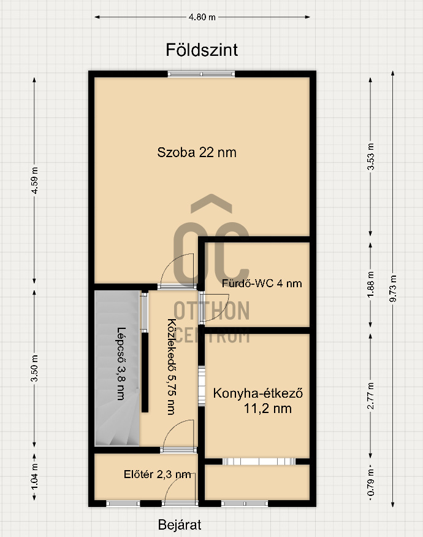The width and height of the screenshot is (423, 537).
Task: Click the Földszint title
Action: [202, 50]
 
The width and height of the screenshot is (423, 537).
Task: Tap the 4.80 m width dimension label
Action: [202, 17]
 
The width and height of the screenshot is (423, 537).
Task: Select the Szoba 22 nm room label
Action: [197, 152]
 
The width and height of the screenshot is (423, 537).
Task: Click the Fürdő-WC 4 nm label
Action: [262, 284]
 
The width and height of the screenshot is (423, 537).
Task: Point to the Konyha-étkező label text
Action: [258, 393]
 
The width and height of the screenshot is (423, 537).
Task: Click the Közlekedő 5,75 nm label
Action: [172, 367]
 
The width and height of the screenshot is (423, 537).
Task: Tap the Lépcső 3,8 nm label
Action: [121, 364]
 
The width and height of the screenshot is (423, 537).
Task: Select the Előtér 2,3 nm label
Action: [158, 474]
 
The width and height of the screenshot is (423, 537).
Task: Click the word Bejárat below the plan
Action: [180, 525]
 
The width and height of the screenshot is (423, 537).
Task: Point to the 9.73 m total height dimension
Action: [393, 288]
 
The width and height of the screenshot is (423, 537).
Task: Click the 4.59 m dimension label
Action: [34, 180]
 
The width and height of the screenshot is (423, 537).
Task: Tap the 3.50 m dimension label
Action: [34, 368]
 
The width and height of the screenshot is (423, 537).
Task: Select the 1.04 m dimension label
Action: [34, 476]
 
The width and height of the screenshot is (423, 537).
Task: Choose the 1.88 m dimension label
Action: [371, 285]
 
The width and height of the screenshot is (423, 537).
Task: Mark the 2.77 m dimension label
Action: [371, 396]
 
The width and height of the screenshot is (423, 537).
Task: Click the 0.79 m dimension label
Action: [371, 482]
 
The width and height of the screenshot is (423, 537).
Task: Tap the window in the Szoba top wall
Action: [201, 74]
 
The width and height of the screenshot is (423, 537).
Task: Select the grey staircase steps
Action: [117, 368]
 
